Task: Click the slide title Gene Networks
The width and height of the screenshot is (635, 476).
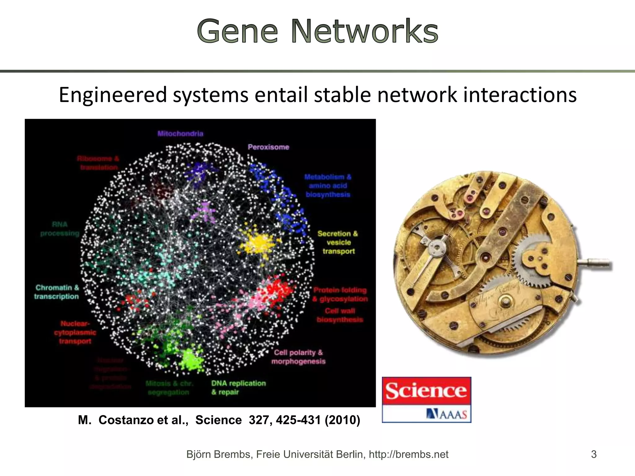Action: point(317,31)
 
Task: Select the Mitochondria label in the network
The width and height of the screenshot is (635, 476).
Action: point(180,134)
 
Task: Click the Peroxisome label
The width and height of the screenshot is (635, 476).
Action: point(268,147)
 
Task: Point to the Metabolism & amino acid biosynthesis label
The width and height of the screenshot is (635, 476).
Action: point(328,186)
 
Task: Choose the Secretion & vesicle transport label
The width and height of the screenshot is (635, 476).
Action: point(338,242)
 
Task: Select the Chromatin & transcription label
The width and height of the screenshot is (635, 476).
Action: point(57,292)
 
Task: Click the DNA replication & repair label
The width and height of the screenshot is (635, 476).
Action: point(238,387)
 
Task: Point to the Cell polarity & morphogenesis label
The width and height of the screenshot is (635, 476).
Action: point(298,357)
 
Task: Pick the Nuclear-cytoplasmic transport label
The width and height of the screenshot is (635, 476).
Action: point(75,332)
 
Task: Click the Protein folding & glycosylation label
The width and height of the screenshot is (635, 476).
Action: point(340,294)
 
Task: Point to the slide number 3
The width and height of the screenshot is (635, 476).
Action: point(593,454)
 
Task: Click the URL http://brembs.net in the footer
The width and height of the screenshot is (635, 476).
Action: point(408,454)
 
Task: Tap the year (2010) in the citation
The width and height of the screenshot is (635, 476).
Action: point(342,420)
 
